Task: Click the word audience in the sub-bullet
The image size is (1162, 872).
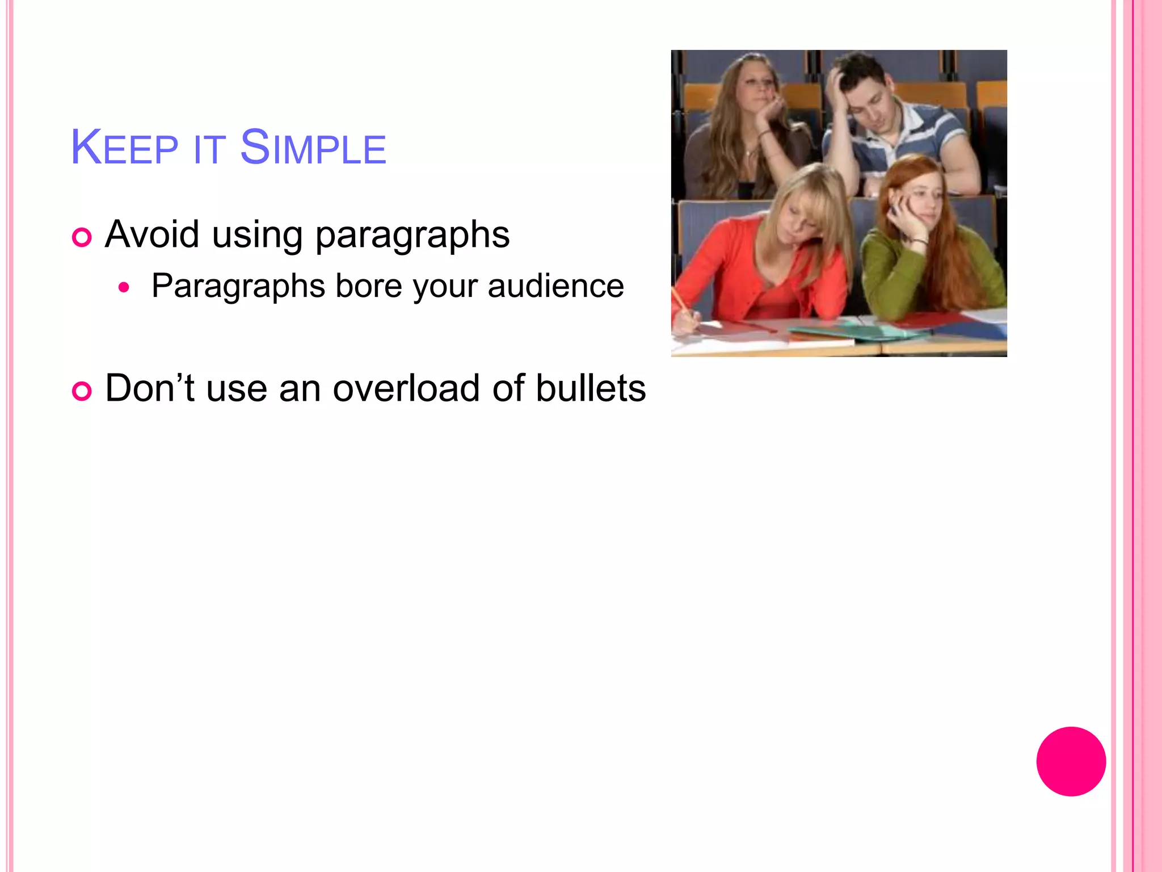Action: (x=555, y=286)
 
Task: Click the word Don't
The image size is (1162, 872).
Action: (x=150, y=388)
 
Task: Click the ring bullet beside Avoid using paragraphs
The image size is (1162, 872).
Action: (x=82, y=237)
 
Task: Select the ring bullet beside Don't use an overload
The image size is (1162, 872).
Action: (x=82, y=391)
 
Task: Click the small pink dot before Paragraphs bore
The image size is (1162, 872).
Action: (x=124, y=288)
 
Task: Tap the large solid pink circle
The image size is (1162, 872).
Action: (x=1071, y=761)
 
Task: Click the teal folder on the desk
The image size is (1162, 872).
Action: (x=851, y=332)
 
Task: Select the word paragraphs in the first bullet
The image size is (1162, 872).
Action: (x=412, y=235)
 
